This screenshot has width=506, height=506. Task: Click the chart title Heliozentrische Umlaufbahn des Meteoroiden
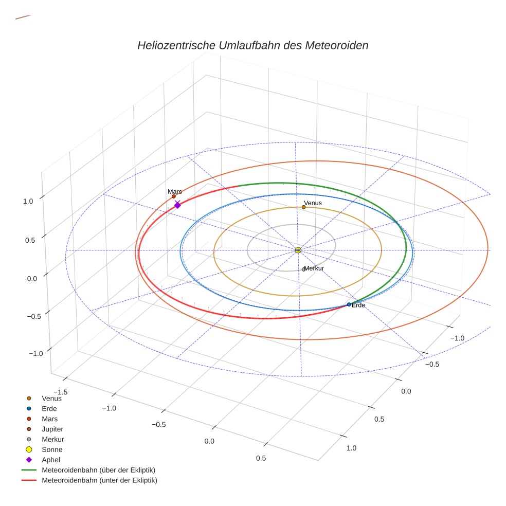(x=252, y=45)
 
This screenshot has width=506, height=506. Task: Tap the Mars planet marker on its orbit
(x=174, y=196)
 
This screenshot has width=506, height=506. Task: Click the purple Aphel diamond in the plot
(x=177, y=205)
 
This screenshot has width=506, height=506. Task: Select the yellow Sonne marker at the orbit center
(x=298, y=250)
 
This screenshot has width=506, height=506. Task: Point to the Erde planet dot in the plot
(x=349, y=304)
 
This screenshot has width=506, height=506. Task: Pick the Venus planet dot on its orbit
(x=303, y=207)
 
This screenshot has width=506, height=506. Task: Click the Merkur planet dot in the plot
(x=303, y=269)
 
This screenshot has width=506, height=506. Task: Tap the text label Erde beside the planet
(x=358, y=305)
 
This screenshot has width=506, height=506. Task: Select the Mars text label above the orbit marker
(x=175, y=191)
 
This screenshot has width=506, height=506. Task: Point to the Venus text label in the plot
(x=313, y=203)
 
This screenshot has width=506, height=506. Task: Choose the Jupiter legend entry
(x=52, y=429)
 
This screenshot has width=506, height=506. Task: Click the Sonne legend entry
(x=52, y=449)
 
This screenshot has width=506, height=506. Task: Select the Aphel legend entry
(x=51, y=460)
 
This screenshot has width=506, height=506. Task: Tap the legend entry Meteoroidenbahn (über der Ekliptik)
(x=98, y=470)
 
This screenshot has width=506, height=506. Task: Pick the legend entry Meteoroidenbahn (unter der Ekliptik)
(x=99, y=480)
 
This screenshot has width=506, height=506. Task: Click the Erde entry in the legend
(x=49, y=408)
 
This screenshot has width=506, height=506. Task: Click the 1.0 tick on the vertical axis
(x=28, y=201)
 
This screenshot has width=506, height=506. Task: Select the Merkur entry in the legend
(x=52, y=439)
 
